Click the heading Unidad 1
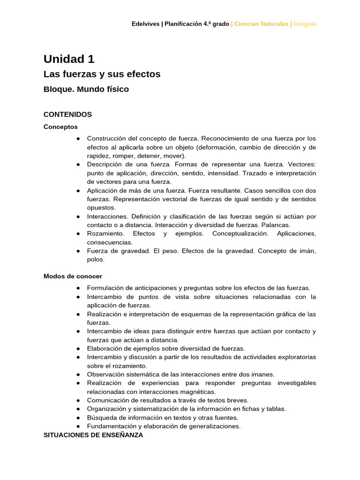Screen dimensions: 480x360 69,59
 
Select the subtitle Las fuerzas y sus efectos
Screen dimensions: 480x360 102,74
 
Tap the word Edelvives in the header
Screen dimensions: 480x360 145,24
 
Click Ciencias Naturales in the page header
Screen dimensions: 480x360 261,24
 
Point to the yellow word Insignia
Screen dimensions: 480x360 305,24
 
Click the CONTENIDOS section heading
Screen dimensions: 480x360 67,114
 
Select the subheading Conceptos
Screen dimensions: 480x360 60,127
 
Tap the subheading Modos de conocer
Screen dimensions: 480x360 73,277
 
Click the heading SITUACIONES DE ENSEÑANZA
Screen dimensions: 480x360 93,435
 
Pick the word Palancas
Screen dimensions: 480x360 277,225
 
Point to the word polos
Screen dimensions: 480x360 96,260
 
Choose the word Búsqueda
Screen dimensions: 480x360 102,418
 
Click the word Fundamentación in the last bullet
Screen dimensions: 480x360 111,426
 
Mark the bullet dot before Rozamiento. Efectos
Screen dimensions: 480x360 77,233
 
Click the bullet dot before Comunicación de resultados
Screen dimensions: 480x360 77,400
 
